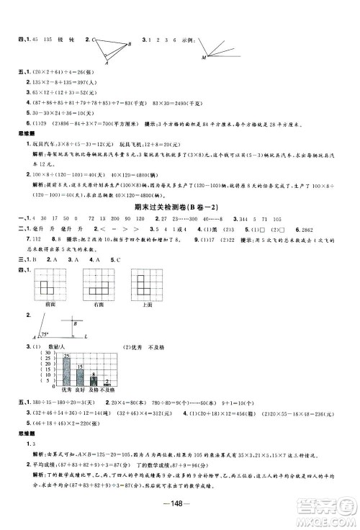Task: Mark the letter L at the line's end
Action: pyautogui.click(x=87, y=297)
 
